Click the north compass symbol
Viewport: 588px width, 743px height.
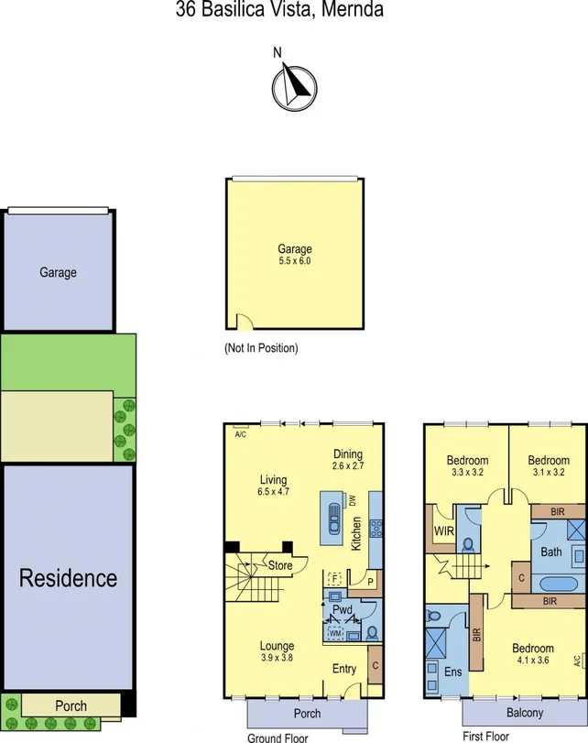coord(293,85)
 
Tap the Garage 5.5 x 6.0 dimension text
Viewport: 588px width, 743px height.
coord(295,261)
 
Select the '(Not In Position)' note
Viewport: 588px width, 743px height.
coord(261,348)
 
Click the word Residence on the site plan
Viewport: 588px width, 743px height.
coord(69,578)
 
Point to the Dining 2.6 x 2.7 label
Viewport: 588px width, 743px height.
coord(348,466)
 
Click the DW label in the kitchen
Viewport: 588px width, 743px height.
coord(352,500)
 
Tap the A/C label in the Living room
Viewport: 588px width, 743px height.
coord(241,434)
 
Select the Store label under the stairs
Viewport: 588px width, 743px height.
coord(280,566)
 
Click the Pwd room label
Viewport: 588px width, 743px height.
coord(343,608)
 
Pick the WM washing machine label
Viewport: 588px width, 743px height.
coord(335,632)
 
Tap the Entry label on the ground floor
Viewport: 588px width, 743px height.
coord(344,669)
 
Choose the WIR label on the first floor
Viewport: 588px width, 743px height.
coord(444,530)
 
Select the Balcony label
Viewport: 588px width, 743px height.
coord(525,713)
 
